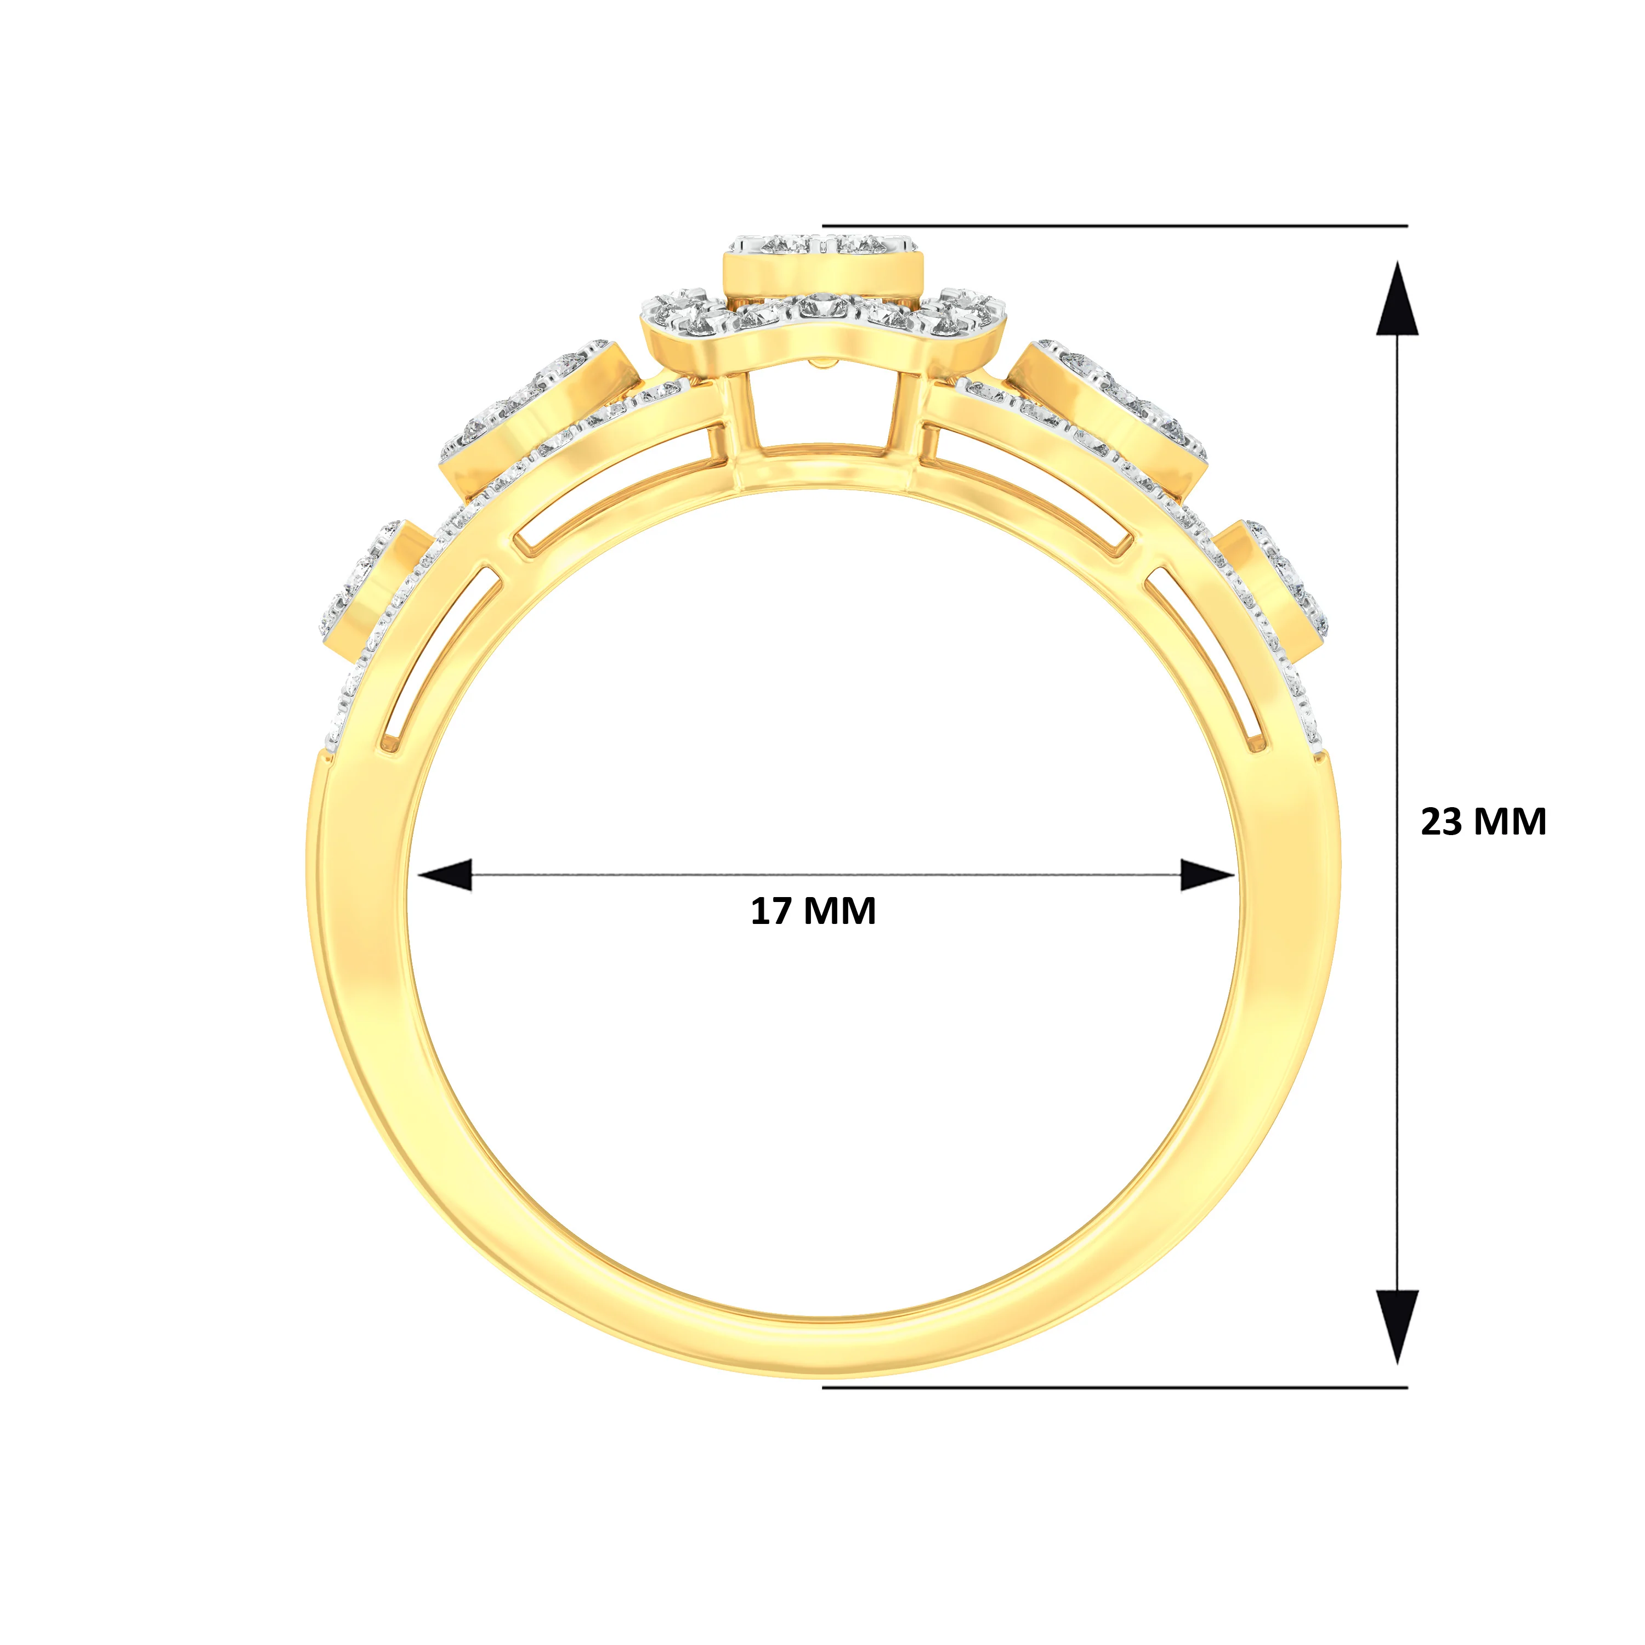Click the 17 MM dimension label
coord(813,911)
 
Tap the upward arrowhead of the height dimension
coord(1397,298)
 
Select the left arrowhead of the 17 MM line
coord(445,875)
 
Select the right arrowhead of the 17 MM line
coord(1207,875)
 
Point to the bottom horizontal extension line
coord(1115,1387)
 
